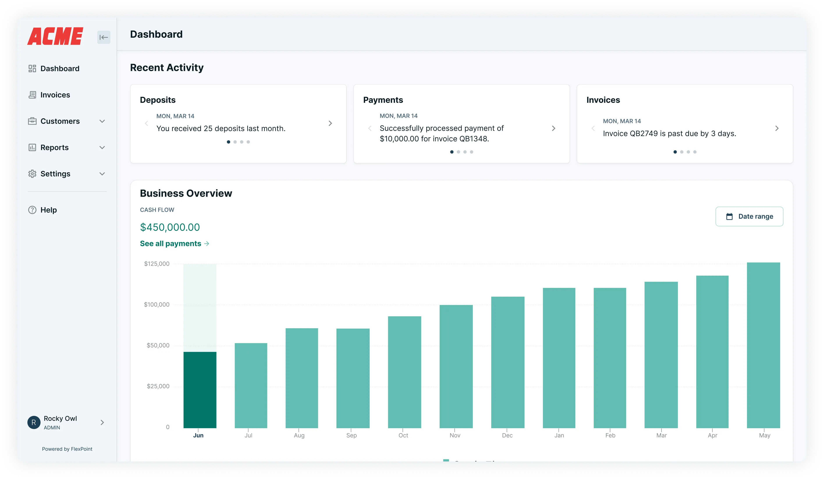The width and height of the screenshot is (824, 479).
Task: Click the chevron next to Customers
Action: point(102,121)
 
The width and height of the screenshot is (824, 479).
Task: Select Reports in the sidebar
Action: point(54,148)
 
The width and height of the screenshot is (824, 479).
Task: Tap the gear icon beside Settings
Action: point(32,174)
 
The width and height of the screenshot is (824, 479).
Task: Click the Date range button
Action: point(749,216)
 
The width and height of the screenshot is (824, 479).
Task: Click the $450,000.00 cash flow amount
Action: point(170,227)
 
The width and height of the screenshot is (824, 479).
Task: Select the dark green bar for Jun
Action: point(200,389)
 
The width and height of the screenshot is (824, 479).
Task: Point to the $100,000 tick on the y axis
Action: point(157,305)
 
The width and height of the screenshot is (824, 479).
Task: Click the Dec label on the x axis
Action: point(507,435)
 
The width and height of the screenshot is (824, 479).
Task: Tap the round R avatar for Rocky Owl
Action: point(34,422)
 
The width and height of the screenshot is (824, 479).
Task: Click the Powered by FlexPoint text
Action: point(67,449)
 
